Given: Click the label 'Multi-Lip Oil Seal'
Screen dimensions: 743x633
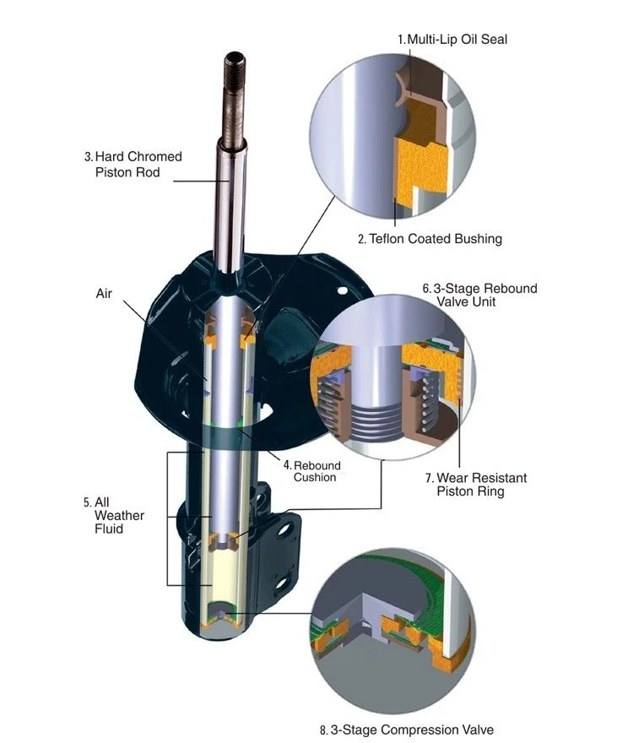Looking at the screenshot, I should tap(457, 39).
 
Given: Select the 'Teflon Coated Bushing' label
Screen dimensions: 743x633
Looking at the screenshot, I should tap(435, 239).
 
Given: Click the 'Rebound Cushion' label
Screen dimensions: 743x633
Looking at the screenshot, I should tap(316, 471).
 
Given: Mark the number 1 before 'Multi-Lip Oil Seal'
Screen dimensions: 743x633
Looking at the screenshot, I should tap(401, 39).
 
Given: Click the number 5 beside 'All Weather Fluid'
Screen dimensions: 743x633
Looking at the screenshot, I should tap(87, 502).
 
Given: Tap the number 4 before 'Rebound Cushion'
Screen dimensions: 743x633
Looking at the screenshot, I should tap(287, 465).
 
